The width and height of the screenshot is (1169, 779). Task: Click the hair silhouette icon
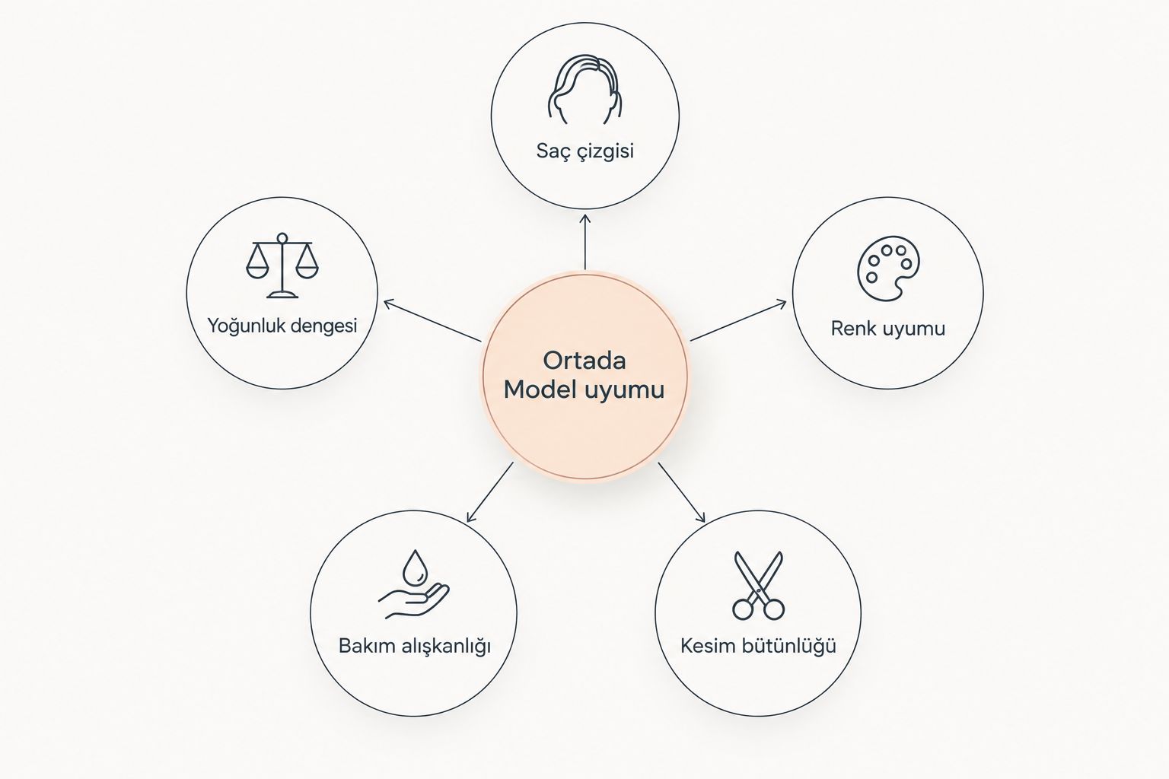coord(584,89)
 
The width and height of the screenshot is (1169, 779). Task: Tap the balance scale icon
coord(282,265)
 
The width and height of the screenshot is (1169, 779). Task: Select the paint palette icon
coord(888,269)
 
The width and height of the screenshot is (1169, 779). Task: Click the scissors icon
coord(758,586)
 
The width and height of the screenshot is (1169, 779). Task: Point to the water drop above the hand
coord(415,568)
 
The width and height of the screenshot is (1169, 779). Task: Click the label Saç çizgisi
coord(585,151)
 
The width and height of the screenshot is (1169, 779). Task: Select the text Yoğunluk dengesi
coord(282,326)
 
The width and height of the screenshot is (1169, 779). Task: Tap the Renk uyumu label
coord(888,329)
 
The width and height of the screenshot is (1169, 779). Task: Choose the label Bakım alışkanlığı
coord(415,646)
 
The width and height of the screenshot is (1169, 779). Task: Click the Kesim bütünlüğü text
coord(758,645)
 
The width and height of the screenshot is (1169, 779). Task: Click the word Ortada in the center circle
coord(584,361)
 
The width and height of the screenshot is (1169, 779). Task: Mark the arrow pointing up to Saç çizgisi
coord(585,242)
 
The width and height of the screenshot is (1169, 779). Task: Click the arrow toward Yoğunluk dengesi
coord(432,321)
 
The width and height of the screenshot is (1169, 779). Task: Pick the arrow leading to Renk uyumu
coord(738,320)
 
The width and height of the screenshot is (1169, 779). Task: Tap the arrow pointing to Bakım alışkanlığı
coord(490,492)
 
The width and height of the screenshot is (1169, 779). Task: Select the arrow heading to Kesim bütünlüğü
coord(682,492)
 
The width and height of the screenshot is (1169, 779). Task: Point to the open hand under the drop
coord(414,601)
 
